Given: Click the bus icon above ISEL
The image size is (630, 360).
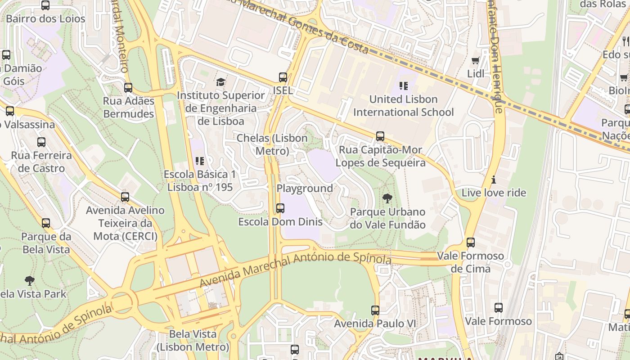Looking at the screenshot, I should [283, 77].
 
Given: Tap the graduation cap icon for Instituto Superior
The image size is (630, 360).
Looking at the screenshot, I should [220, 82].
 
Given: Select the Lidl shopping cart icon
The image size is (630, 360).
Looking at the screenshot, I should [475, 60].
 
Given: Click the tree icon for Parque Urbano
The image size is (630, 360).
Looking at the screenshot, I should [387, 198].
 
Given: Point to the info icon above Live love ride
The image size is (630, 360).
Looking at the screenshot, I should [494, 180].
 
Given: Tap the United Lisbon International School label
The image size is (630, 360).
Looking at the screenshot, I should [403, 106].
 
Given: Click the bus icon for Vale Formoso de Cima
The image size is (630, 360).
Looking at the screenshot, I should [471, 243].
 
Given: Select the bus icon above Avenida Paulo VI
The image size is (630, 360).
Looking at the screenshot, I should [375, 310].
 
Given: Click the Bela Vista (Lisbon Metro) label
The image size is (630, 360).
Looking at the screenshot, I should [193, 341].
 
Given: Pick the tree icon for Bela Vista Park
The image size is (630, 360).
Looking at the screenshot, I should [30, 281].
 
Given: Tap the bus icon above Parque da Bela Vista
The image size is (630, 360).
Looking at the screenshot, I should [46, 223].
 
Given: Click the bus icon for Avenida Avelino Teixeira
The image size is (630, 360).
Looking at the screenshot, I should [125, 197].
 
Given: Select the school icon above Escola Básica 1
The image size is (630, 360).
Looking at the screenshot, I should [200, 161].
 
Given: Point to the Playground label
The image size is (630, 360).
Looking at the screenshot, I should [305, 188].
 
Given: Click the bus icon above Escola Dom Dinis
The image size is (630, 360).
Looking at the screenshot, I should [280, 208].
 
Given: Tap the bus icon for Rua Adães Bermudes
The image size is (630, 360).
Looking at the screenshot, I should [128, 87].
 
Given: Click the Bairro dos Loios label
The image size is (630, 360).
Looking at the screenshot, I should [45, 18].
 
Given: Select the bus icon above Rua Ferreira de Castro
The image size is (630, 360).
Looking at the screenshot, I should [41, 142].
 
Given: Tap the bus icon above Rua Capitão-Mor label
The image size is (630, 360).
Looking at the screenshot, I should [380, 136].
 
